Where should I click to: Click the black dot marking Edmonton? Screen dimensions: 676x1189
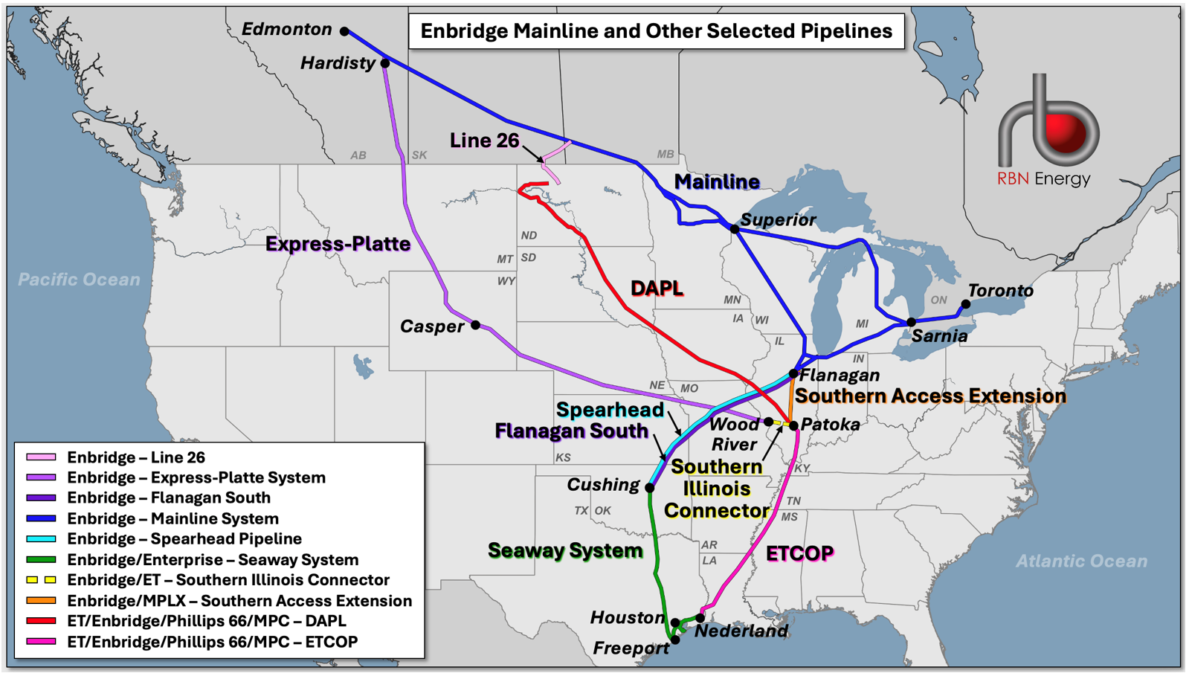click(x=344, y=31)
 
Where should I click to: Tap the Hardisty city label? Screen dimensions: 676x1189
click(x=338, y=63)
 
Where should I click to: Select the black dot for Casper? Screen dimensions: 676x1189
click(x=476, y=325)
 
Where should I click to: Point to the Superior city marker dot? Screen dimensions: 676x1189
click(x=735, y=229)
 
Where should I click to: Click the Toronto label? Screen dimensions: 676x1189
click(x=1000, y=291)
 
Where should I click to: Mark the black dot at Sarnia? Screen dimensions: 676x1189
click(x=912, y=322)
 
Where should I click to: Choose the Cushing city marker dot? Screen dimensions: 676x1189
click(x=650, y=488)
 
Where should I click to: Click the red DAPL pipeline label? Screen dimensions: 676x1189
click(x=657, y=289)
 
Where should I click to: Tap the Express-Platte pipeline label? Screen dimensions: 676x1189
click(x=338, y=244)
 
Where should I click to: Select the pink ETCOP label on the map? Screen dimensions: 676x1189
click(x=799, y=553)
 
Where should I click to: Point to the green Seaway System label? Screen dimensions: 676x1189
click(x=565, y=550)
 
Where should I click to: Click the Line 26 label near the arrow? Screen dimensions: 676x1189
click(x=484, y=141)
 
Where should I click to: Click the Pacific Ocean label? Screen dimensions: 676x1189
click(x=79, y=280)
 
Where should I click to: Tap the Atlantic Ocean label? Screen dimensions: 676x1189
click(x=1081, y=561)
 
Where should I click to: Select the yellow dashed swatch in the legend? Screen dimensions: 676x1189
click(x=41, y=580)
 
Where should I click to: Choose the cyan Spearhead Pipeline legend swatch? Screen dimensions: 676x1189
click(x=41, y=539)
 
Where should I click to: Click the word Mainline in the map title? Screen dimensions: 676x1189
click(x=547, y=31)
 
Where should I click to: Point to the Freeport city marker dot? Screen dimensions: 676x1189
click(x=675, y=640)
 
